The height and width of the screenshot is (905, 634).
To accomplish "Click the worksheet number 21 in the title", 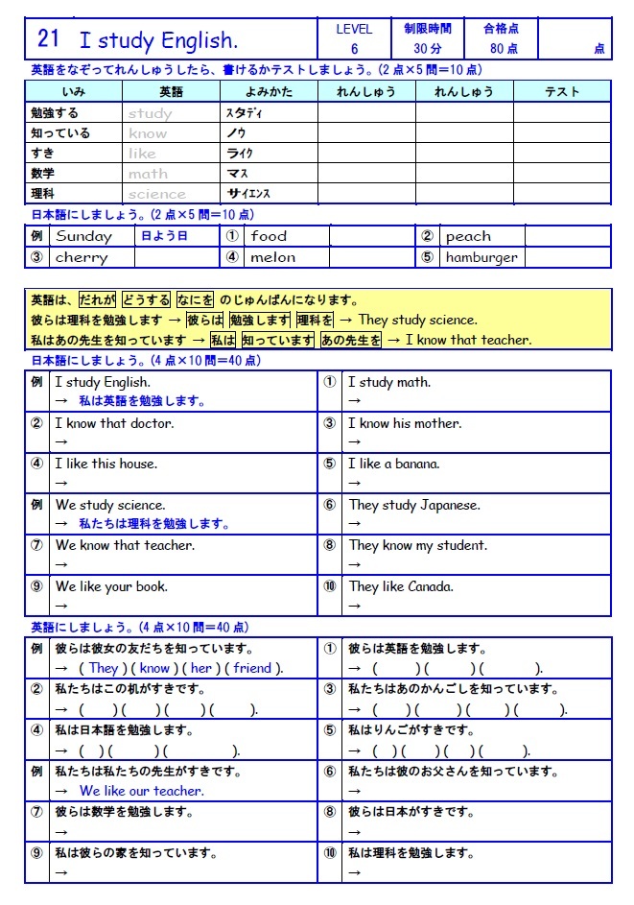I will click(48, 39).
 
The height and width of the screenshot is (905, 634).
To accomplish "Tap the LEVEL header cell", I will click(354, 29).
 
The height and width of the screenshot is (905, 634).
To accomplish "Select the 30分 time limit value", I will click(427, 49).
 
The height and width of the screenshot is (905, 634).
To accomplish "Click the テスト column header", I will click(561, 92).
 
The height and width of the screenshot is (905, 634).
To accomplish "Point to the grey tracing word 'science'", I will click(157, 194).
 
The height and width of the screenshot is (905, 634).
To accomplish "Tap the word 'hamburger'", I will click(481, 257).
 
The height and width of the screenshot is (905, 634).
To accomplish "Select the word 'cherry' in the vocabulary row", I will click(82, 257).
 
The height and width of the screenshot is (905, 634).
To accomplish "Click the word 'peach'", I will click(468, 236).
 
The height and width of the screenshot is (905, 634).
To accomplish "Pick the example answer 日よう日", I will click(164, 236).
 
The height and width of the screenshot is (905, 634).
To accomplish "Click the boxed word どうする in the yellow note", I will click(147, 299).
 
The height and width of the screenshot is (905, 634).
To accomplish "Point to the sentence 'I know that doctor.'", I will click(114, 423).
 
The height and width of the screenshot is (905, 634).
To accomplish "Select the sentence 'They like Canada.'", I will click(401, 586).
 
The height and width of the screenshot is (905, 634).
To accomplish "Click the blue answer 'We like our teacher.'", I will click(141, 791).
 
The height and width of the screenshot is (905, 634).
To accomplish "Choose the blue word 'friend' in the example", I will click(252, 668).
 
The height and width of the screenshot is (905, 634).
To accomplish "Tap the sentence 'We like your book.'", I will click(111, 586).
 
